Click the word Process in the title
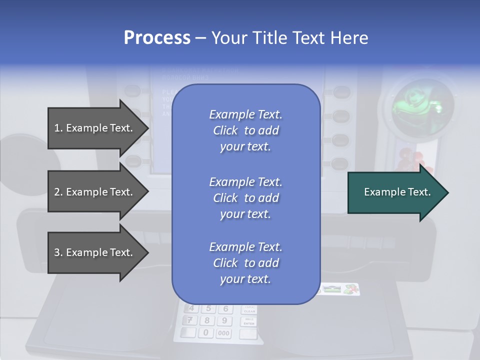(x=157, y=38)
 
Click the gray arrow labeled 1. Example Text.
(x=95, y=128)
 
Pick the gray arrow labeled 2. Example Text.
(x=95, y=192)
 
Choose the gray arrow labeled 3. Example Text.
(x=95, y=252)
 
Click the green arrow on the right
(x=397, y=192)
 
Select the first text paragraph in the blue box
(x=245, y=130)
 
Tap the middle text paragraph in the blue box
(x=245, y=198)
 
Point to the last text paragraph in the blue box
(x=245, y=263)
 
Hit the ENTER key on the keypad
(x=249, y=321)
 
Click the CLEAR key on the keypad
(x=249, y=309)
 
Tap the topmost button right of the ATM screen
(x=341, y=92)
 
